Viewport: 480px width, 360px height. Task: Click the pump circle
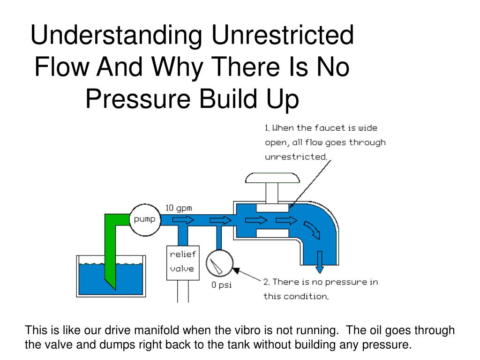(x=145, y=219)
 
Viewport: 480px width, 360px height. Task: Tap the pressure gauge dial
(x=219, y=263)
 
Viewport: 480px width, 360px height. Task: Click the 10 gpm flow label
(x=178, y=208)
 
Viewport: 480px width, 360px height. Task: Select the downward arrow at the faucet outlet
(x=320, y=262)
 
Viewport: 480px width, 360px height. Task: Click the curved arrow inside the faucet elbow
(x=311, y=229)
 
